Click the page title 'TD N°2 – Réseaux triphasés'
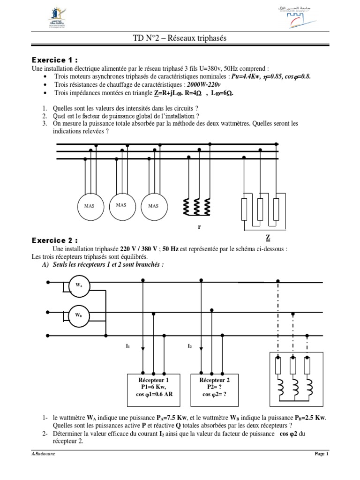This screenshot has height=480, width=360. tap(180, 38)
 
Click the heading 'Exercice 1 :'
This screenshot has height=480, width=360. tap(54, 60)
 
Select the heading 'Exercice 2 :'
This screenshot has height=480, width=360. tap(54, 240)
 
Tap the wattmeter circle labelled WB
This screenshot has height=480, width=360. tap(79, 315)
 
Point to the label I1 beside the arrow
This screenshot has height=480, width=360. tap(127, 346)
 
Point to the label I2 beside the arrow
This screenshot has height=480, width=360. tap(189, 346)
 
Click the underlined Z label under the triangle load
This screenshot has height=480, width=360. tap(268, 237)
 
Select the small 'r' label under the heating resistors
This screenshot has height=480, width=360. tap(199, 226)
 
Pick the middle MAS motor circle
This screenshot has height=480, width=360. tap(121, 204)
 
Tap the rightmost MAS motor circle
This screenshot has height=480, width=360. tap(153, 205)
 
